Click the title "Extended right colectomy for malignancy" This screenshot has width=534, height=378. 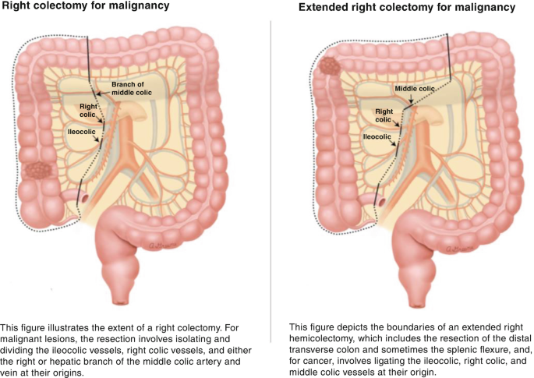(407, 8)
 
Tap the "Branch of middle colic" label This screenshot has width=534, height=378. (129, 88)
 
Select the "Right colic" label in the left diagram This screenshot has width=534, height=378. (88, 110)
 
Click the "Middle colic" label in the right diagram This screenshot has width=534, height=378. (414, 89)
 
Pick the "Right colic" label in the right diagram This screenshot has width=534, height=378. (384, 115)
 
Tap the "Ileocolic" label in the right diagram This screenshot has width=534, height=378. (377, 136)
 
